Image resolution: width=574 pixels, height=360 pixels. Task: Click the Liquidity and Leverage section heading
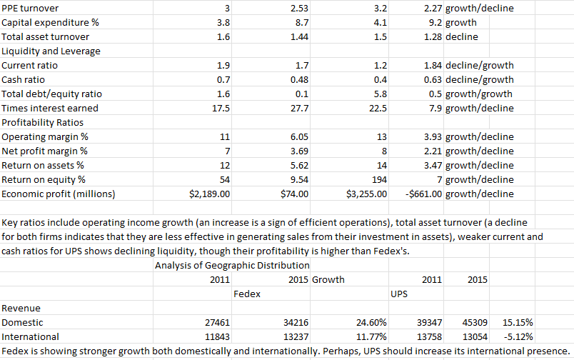point(51,51)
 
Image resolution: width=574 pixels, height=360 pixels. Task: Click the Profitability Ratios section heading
point(42,122)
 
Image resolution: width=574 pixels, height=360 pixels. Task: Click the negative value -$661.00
point(418,194)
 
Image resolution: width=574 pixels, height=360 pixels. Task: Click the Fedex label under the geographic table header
point(247,294)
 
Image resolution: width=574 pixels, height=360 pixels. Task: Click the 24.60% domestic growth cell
point(371,323)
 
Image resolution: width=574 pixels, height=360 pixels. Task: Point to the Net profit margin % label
point(45,151)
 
